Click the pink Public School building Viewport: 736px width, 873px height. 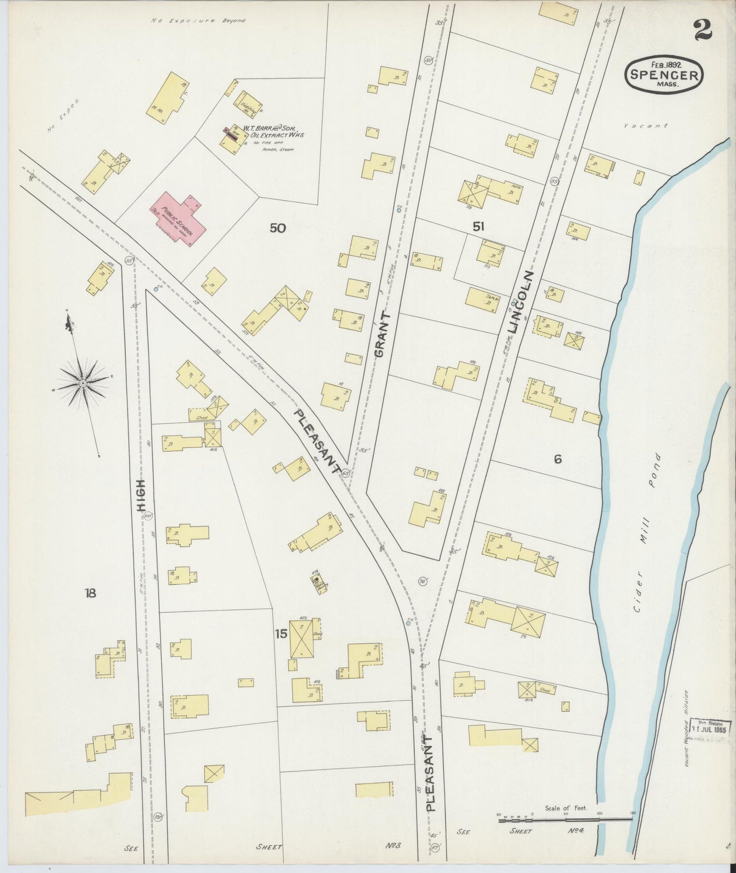coord(178,219)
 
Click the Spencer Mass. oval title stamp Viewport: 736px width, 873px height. coord(665,75)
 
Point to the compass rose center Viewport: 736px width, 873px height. coord(83,382)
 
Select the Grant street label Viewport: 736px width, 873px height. coord(384,335)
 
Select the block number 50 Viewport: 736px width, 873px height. coord(278,228)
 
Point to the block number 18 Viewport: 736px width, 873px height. coord(91,593)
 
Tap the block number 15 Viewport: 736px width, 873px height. coord(281,634)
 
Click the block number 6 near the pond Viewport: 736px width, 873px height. coord(558,459)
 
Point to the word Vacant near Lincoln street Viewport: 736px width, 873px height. coord(647,125)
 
